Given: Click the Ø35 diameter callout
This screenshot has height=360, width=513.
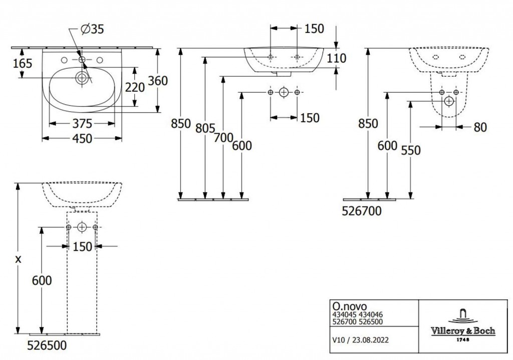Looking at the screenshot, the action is [92, 29].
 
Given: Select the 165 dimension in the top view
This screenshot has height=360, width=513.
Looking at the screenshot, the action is [23, 63].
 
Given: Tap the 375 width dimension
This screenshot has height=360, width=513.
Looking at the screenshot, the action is [82, 124].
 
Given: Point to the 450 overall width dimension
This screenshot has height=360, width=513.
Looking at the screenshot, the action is [82, 138].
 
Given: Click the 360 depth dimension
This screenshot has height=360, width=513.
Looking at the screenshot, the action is [158, 81].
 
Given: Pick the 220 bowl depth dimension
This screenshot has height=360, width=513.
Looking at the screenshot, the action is [135, 87].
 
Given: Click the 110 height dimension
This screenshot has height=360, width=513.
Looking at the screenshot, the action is [336, 58].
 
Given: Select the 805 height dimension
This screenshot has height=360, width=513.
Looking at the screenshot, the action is [205, 128].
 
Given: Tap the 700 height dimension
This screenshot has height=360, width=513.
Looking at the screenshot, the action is [223, 138].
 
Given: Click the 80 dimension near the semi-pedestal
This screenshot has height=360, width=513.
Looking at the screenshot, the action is [480, 127].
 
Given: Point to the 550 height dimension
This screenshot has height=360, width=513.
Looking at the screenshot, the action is [411, 150].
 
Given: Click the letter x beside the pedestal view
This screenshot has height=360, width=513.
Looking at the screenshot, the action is [19, 259].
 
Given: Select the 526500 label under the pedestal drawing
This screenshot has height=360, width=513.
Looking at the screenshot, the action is [47, 345].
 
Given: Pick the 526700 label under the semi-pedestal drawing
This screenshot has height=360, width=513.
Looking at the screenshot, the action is [362, 211].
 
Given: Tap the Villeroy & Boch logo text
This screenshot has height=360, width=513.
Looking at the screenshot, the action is [463, 331].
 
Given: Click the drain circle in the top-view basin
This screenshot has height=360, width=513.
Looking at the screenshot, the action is [82, 78].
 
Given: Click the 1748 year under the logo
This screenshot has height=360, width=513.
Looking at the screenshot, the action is [463, 339].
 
